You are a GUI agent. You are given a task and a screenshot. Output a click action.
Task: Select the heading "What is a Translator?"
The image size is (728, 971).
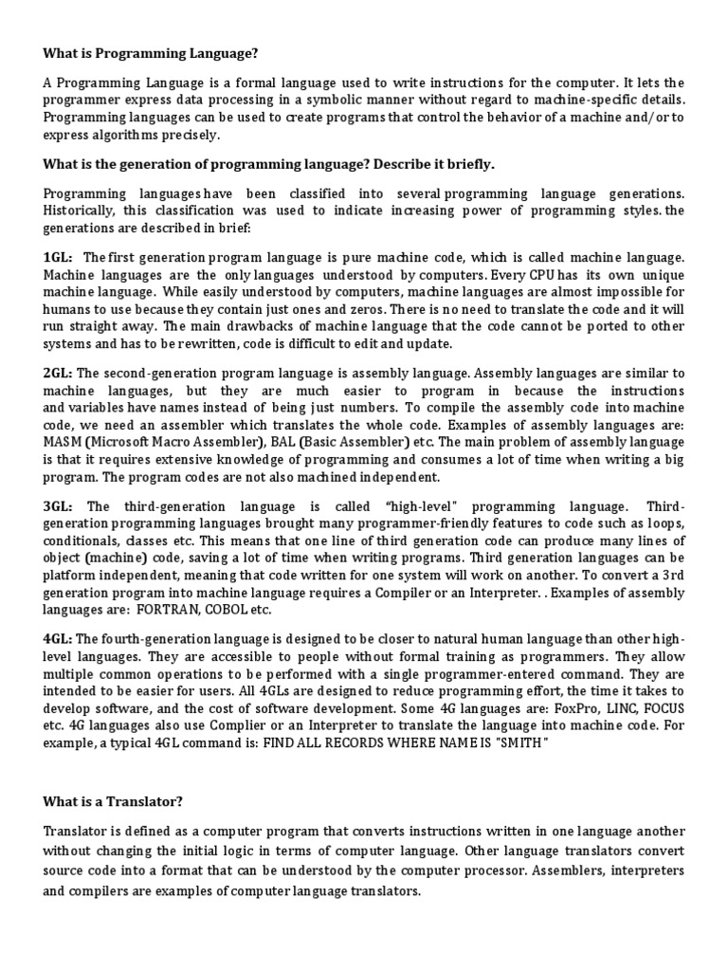[x=112, y=777]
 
